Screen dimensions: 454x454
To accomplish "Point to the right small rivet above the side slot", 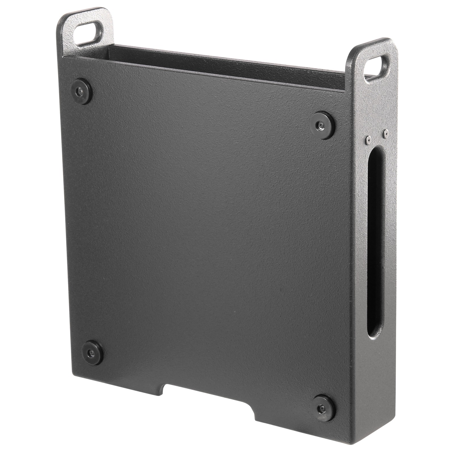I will point(385,132).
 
